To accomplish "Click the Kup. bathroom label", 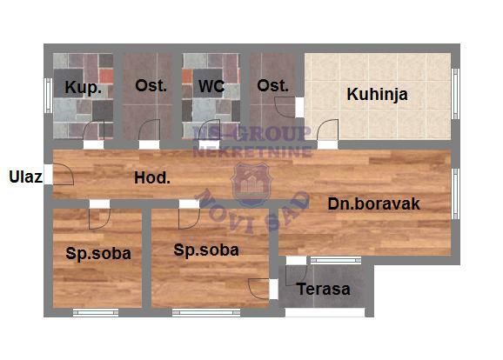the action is click(83, 88).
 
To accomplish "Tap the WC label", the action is click(211, 86).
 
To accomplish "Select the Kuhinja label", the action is click(378, 95).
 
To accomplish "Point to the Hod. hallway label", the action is click(152, 178).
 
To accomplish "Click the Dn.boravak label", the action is click(373, 203).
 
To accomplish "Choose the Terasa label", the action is click(324, 290).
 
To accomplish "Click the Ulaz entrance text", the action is click(25, 177).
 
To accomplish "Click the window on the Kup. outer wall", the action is click(48, 96).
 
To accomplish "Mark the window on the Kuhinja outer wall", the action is click(456, 94).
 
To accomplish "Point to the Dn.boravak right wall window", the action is click(456, 194).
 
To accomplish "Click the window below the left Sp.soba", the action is click(96, 312).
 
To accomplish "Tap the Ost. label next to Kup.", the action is click(151, 86).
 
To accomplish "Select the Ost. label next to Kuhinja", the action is click(273, 86).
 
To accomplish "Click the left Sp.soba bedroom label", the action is click(98, 254).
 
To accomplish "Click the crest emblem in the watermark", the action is click(251, 184).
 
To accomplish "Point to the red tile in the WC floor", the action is click(187, 77).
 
